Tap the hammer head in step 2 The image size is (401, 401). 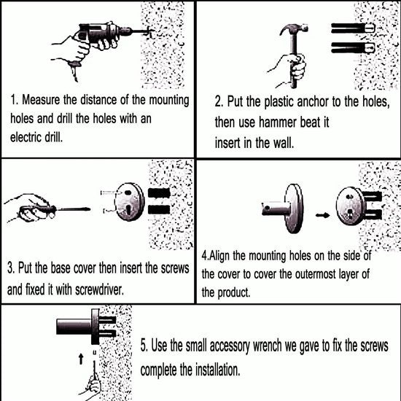coord(294,29)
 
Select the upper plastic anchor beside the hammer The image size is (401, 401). coord(353,28)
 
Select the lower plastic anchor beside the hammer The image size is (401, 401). coord(353,47)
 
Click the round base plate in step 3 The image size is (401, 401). coord(130,202)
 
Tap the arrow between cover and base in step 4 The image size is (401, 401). coord(322,215)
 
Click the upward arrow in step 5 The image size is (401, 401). coord(81,359)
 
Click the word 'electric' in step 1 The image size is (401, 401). coord(26,138)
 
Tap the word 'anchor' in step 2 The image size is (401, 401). coord(313,102)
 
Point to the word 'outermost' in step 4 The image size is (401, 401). coord(315,274)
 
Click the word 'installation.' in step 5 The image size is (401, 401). coord(218,370)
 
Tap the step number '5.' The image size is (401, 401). coord(144,346)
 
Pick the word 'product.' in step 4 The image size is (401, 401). coord(233,292)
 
